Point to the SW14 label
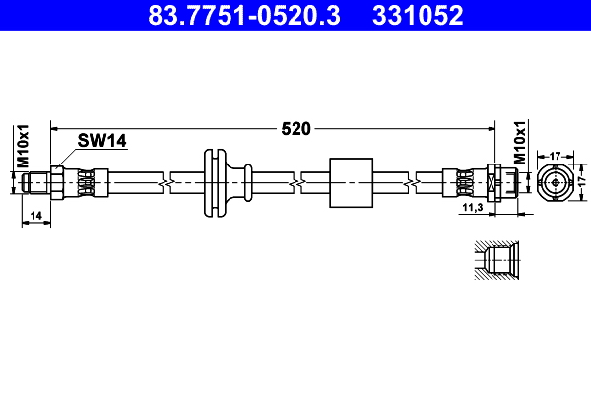click(104, 142)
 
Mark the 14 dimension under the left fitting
click(35, 214)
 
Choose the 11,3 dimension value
click(472, 209)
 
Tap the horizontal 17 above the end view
click(555, 155)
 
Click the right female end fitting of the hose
click(497, 183)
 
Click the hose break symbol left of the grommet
click(170, 183)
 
